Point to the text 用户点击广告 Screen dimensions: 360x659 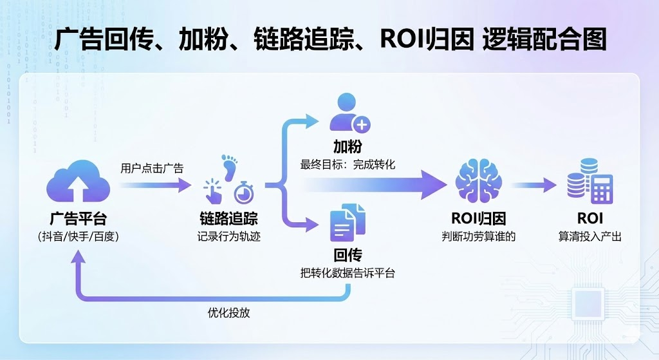[x=152, y=168]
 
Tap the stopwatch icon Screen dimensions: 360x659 [x=243, y=191]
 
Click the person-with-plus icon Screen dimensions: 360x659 [x=348, y=114]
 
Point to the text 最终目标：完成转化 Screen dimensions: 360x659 [x=348, y=164]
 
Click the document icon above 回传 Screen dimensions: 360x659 [x=348, y=223]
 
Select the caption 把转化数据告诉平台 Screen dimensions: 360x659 [x=348, y=274]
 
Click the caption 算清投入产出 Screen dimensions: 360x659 [x=589, y=236]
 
